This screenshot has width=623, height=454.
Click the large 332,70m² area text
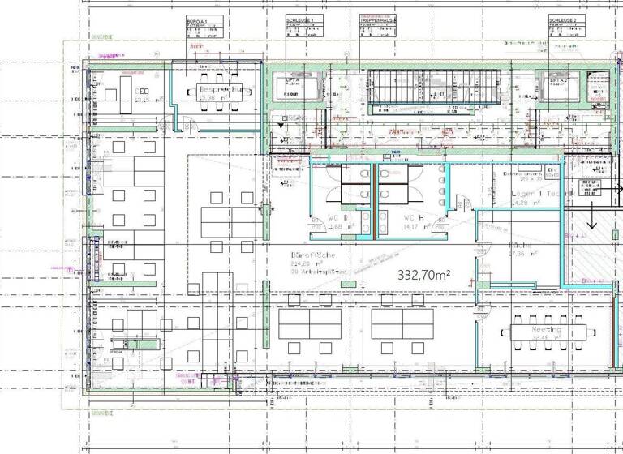coord(423,276)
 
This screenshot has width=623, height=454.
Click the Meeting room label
coord(546,331)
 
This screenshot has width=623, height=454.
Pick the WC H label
coord(414,218)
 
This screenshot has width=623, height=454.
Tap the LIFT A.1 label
coord(293,81)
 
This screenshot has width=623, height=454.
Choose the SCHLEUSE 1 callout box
coord(304,28)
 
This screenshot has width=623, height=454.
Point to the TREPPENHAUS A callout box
coord(378,28)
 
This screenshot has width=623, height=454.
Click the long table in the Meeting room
coord(547,332)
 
